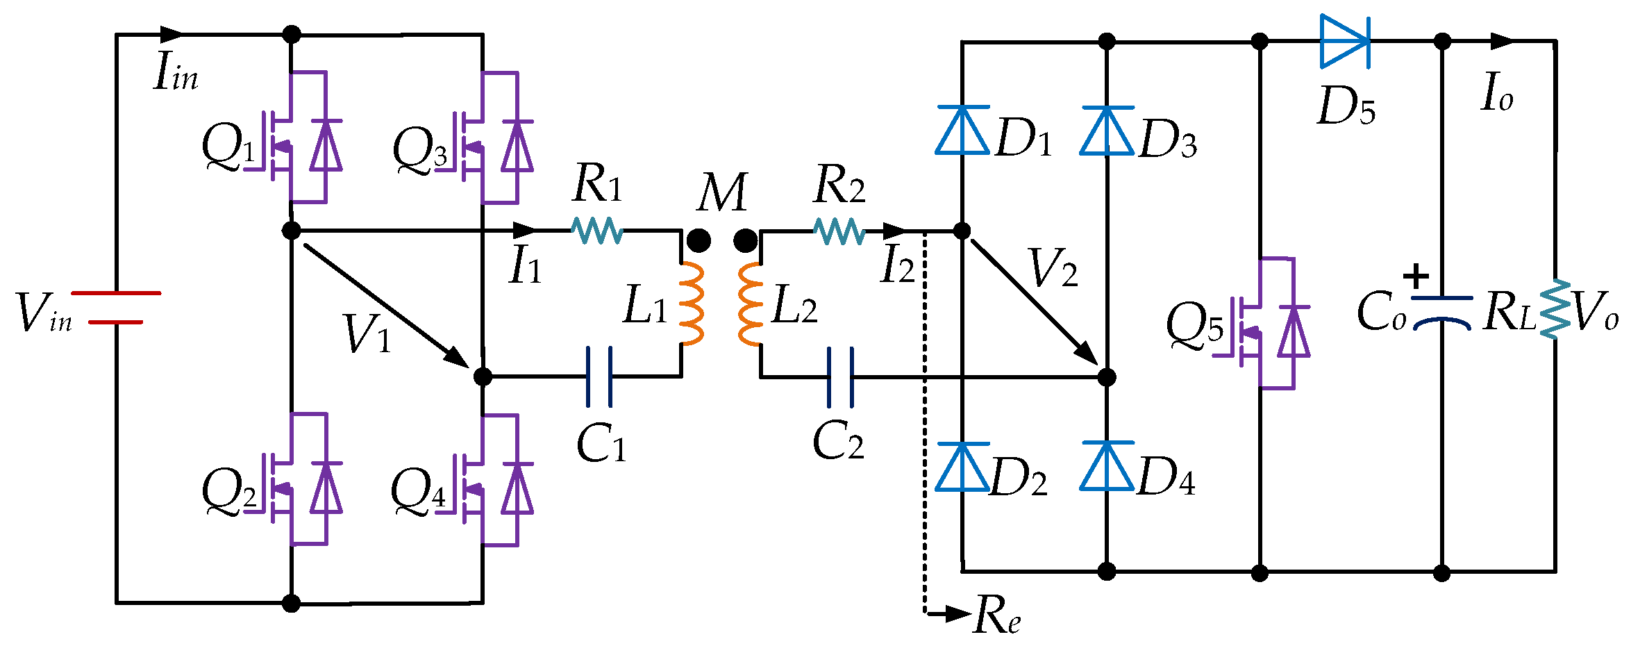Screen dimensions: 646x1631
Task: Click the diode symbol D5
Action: (x=1345, y=42)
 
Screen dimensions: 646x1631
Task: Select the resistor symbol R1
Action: (x=597, y=230)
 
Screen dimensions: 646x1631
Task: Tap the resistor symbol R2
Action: (x=839, y=231)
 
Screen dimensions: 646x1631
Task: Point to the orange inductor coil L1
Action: (x=690, y=304)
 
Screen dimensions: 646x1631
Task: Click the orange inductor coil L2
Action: (x=751, y=304)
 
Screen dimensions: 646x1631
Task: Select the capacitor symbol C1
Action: (x=599, y=376)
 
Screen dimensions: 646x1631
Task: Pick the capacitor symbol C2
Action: (x=840, y=377)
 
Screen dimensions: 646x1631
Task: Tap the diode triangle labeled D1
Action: (x=962, y=130)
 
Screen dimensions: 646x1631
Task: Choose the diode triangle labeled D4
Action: (x=1107, y=466)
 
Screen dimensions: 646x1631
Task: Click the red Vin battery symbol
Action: (x=116, y=308)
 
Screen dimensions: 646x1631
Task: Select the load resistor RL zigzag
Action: (x=1555, y=309)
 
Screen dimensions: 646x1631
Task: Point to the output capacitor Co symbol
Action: (x=1442, y=310)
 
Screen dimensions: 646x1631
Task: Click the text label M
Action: (x=722, y=192)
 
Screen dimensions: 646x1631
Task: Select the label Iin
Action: (x=176, y=72)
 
